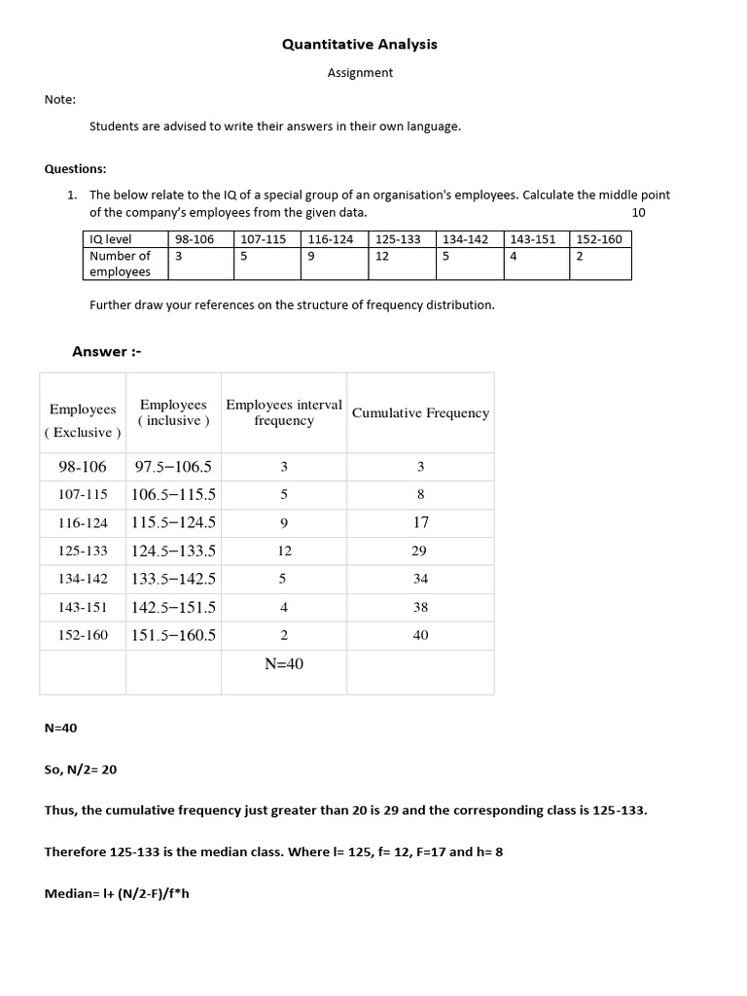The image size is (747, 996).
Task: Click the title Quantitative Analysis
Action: tap(359, 45)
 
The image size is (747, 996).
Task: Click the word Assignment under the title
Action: tap(360, 73)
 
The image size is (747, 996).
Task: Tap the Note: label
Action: tap(59, 99)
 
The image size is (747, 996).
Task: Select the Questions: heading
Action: tap(75, 168)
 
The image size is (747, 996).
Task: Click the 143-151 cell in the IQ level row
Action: tap(532, 239)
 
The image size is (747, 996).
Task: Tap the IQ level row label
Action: tap(110, 239)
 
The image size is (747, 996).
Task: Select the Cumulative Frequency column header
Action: tap(420, 413)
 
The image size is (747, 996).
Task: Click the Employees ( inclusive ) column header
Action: tap(173, 412)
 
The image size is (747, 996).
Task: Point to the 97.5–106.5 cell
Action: tap(173, 467)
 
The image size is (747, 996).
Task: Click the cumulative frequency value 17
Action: tap(420, 522)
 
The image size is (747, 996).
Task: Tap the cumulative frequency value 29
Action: tap(420, 551)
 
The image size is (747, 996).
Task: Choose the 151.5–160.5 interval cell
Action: tap(173, 635)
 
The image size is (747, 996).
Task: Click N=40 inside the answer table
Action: tap(284, 663)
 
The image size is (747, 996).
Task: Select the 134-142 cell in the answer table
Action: tap(83, 579)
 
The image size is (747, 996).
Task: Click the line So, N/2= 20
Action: tap(81, 769)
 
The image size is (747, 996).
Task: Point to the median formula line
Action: tap(117, 893)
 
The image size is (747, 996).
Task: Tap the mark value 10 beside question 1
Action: tap(638, 212)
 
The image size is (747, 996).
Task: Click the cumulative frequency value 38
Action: tap(420, 607)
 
